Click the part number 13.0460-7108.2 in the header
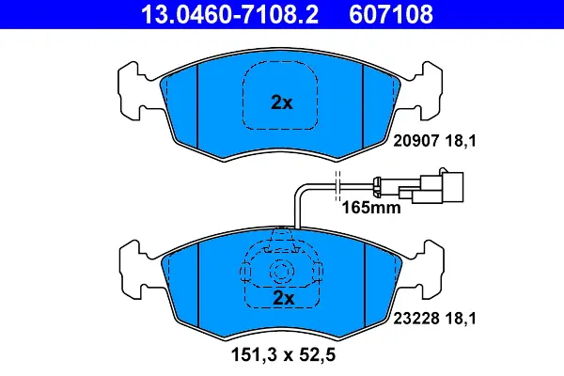(229, 14)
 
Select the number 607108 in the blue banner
(391, 14)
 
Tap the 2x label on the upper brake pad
(282, 102)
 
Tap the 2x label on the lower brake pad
(284, 298)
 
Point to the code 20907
(416, 141)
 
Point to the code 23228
(416, 319)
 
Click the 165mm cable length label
(371, 208)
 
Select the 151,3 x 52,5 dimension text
(283, 354)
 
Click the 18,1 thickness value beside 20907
(461, 141)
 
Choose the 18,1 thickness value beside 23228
(461, 319)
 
